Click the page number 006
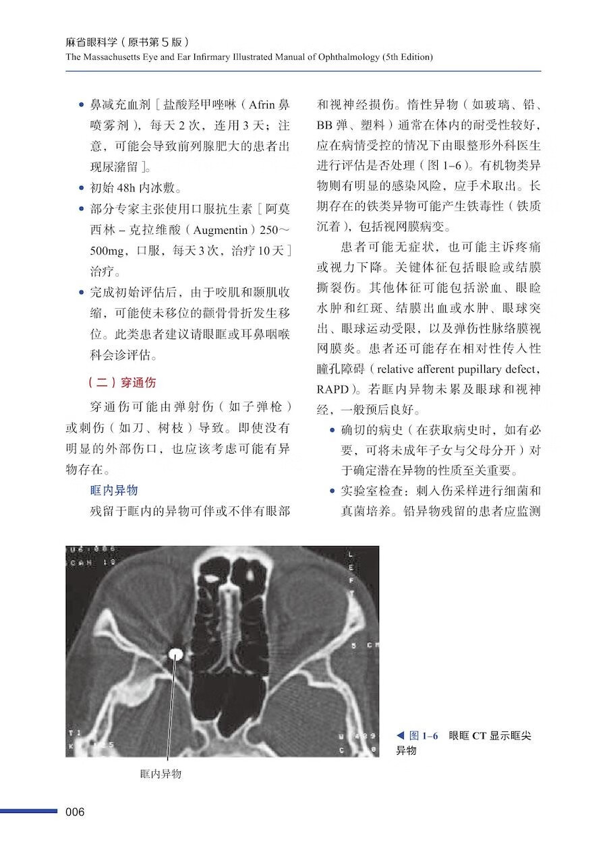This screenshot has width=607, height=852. [x=75, y=812]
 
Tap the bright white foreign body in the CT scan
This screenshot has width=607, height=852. [x=177, y=653]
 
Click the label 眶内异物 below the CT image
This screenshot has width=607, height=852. [x=161, y=774]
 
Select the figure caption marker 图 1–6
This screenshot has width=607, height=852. [x=424, y=736]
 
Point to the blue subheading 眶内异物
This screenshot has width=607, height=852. [x=114, y=490]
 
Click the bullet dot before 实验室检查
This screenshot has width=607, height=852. [x=332, y=491]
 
